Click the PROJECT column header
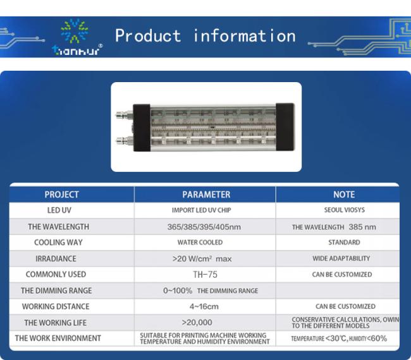point(61,195)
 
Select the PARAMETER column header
point(206,195)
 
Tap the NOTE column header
point(344,195)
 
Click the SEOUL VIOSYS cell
point(345,210)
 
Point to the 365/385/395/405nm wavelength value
point(204,227)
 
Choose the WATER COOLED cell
point(200,243)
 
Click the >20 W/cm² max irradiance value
point(202,259)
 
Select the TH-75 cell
point(205,274)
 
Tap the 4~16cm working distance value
point(204,306)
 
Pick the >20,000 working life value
point(197,322)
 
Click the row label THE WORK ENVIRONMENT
point(58,339)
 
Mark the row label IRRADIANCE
point(56,259)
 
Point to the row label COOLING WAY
point(58,243)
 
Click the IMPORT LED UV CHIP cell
point(201,210)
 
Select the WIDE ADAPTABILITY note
point(341,258)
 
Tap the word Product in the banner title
point(148,35)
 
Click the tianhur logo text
point(76,51)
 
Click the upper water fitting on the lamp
point(125,115)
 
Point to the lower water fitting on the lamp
point(125,141)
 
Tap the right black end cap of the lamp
point(285,127)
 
